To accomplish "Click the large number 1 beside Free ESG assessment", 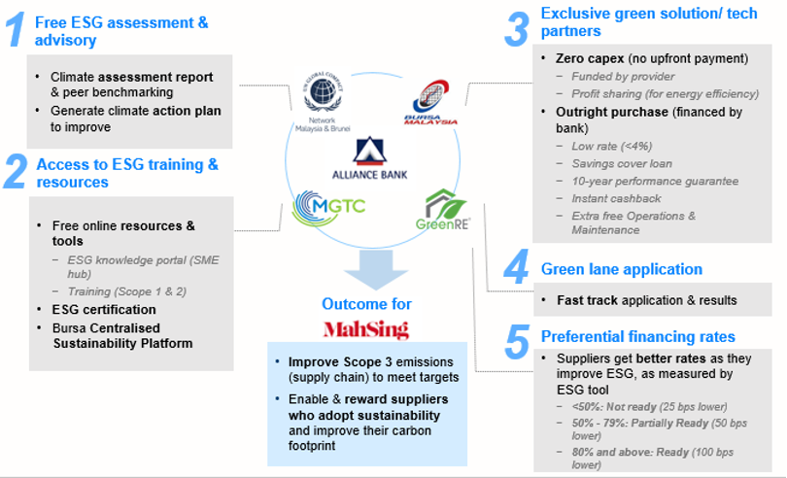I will [16, 30].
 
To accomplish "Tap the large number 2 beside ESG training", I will [15, 170].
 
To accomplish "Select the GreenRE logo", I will [446, 207].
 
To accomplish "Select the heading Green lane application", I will [622, 269].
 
